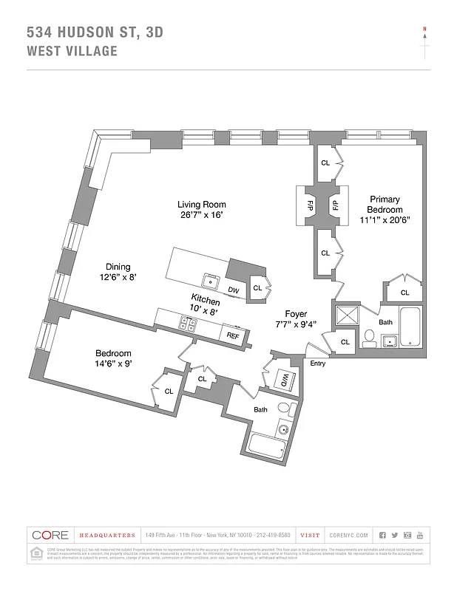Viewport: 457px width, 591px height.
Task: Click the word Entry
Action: point(317,363)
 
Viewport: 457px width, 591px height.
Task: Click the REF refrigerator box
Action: point(233,335)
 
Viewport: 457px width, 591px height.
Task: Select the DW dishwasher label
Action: point(233,290)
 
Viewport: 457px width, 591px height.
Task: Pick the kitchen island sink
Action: point(211,279)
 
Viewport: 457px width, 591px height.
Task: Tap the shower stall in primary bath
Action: point(345,317)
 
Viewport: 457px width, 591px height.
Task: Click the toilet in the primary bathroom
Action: point(369,339)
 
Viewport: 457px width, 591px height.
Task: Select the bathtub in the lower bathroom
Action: point(268,445)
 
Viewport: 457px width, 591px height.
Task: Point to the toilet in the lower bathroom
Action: point(283,410)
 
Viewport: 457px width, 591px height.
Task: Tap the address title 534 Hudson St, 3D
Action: point(95,32)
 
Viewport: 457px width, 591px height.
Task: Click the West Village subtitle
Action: point(72,51)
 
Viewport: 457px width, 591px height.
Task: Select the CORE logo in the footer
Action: point(50,535)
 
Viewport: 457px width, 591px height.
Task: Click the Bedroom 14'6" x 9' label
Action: point(113,358)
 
